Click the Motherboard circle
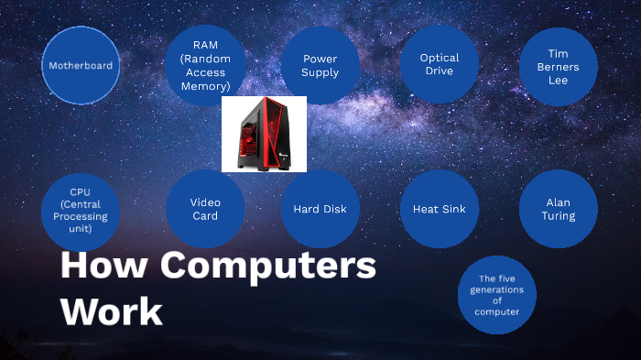tap(81, 65)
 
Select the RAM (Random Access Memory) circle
tap(205, 64)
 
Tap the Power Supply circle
tap(320, 65)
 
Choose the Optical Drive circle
tap(440, 64)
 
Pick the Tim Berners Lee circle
tap(559, 66)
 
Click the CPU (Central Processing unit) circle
tap(81, 210)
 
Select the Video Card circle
tap(205, 209)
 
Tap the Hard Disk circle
tap(320, 209)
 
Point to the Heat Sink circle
tap(440, 209)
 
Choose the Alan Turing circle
tap(559, 209)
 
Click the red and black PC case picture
tap(264, 134)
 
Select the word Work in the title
tap(111, 311)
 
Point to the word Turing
tap(559, 216)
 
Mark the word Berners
tap(559, 67)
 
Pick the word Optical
tap(440, 58)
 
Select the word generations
tap(497, 289)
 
